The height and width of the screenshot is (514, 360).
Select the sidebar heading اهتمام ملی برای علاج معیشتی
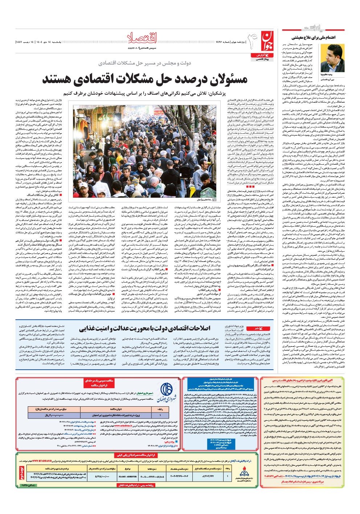pos(313,37)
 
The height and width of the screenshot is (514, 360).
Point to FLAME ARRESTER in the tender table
pos(127,477)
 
